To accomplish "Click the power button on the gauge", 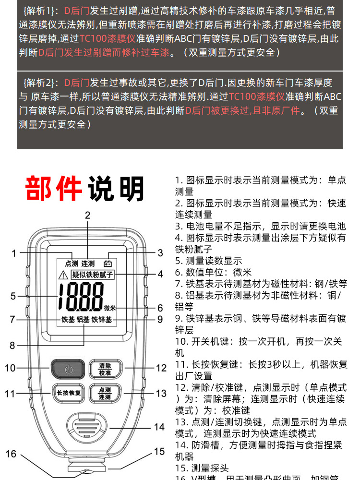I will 68,369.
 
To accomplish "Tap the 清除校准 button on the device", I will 105,369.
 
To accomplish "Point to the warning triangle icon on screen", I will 63,276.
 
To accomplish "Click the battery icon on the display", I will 110,263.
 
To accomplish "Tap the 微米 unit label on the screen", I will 110,308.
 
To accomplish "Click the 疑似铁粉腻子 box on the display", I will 93,275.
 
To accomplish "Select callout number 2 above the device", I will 87,216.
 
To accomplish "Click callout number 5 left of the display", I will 13,296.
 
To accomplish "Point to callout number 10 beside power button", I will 11,369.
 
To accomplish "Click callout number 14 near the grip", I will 159,427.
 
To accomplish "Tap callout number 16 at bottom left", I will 11,454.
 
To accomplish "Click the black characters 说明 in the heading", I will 115,188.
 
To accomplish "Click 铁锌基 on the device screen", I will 102,319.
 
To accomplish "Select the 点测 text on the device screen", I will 71,263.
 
